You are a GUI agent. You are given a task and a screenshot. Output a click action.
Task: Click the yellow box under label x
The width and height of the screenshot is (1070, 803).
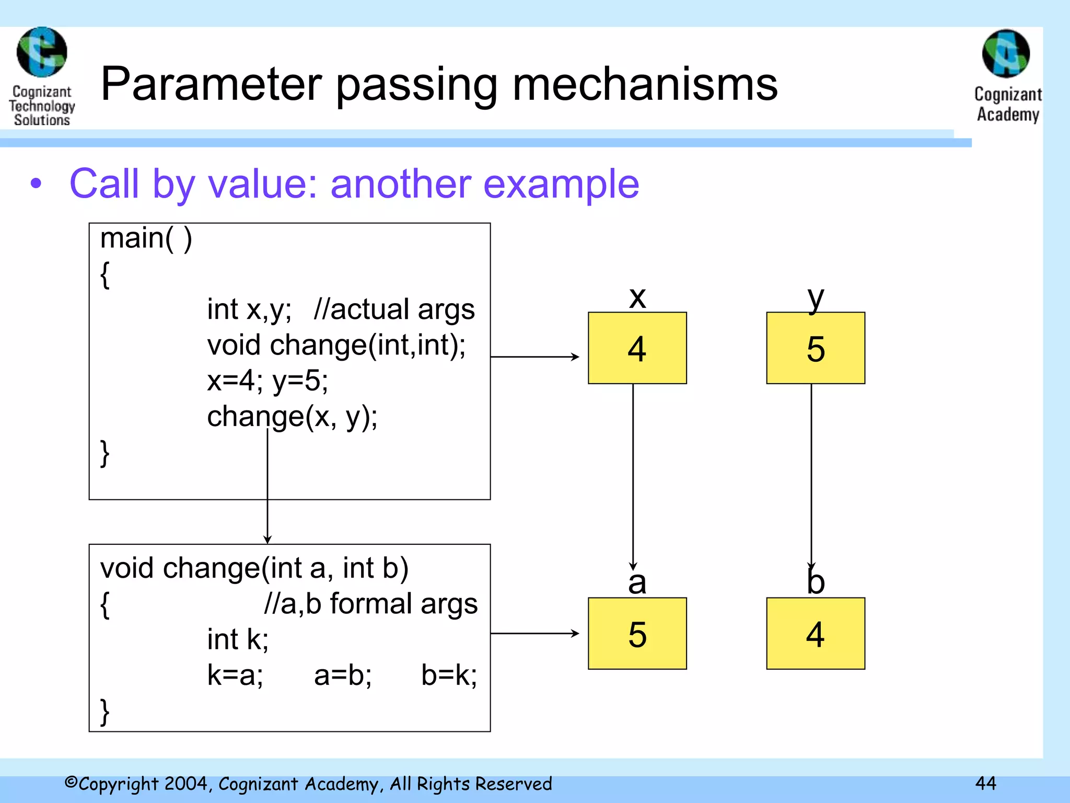(637, 348)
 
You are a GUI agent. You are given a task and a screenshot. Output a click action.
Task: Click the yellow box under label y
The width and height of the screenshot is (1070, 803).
(815, 348)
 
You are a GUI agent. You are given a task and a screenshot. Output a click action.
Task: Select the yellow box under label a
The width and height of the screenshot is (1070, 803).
(637, 634)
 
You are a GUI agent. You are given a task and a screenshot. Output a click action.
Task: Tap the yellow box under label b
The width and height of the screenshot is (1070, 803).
(815, 634)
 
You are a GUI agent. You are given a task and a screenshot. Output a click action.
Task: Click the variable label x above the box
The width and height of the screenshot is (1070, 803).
(637, 298)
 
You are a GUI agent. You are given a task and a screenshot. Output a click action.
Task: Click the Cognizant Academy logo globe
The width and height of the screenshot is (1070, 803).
(1006, 53)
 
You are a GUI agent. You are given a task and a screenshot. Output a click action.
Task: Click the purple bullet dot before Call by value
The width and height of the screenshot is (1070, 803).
(36, 184)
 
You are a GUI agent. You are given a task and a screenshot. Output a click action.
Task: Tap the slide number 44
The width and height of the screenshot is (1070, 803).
(985, 783)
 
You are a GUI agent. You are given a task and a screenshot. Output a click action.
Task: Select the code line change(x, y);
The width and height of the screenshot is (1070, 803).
(292, 417)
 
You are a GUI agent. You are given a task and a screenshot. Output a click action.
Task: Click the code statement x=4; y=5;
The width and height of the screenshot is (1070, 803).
(267, 381)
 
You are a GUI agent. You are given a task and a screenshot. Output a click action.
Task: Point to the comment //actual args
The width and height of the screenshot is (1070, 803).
(394, 309)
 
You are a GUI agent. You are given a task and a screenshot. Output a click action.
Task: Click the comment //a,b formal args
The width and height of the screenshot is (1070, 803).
(370, 604)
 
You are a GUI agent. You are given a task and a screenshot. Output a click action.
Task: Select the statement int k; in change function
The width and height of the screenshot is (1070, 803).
(238, 639)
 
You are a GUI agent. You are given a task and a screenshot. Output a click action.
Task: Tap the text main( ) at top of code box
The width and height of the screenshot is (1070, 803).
(146, 238)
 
